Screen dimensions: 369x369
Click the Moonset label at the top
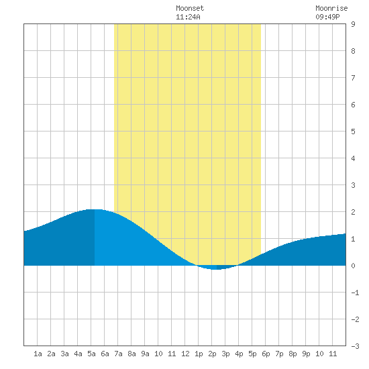coord(190,8)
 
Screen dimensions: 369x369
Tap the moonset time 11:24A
coord(188,17)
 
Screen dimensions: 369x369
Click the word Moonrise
coord(331,8)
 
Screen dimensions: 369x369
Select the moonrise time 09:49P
coord(327,17)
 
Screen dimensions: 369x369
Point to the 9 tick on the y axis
coord(353,24)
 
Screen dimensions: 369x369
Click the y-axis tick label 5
coord(353,131)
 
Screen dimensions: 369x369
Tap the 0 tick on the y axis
coord(353,266)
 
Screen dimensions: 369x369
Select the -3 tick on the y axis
coord(355,346)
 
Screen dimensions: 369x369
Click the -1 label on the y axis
coord(355,293)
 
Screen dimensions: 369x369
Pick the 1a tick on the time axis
coord(38,354)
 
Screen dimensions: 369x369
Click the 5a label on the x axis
coord(91,354)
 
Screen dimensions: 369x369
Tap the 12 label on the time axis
coord(185,354)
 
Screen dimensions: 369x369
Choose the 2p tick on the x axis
coord(212,354)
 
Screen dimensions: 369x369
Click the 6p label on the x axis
coord(266,354)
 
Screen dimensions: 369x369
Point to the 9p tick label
coord(306,354)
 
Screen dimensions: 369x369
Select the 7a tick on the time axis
coord(118,354)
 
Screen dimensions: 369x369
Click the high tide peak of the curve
coord(95,209)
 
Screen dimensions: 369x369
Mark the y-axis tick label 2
coord(353,212)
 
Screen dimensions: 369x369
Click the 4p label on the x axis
coord(239,354)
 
